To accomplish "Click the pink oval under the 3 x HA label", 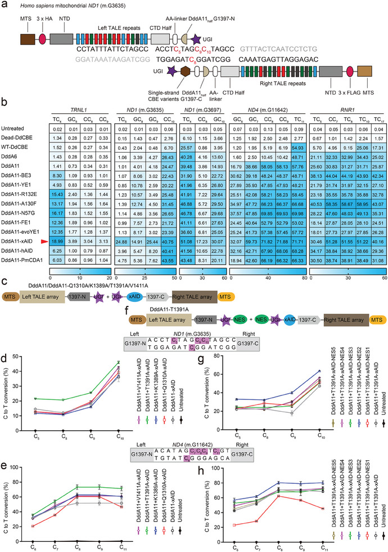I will [x=41, y=41].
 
